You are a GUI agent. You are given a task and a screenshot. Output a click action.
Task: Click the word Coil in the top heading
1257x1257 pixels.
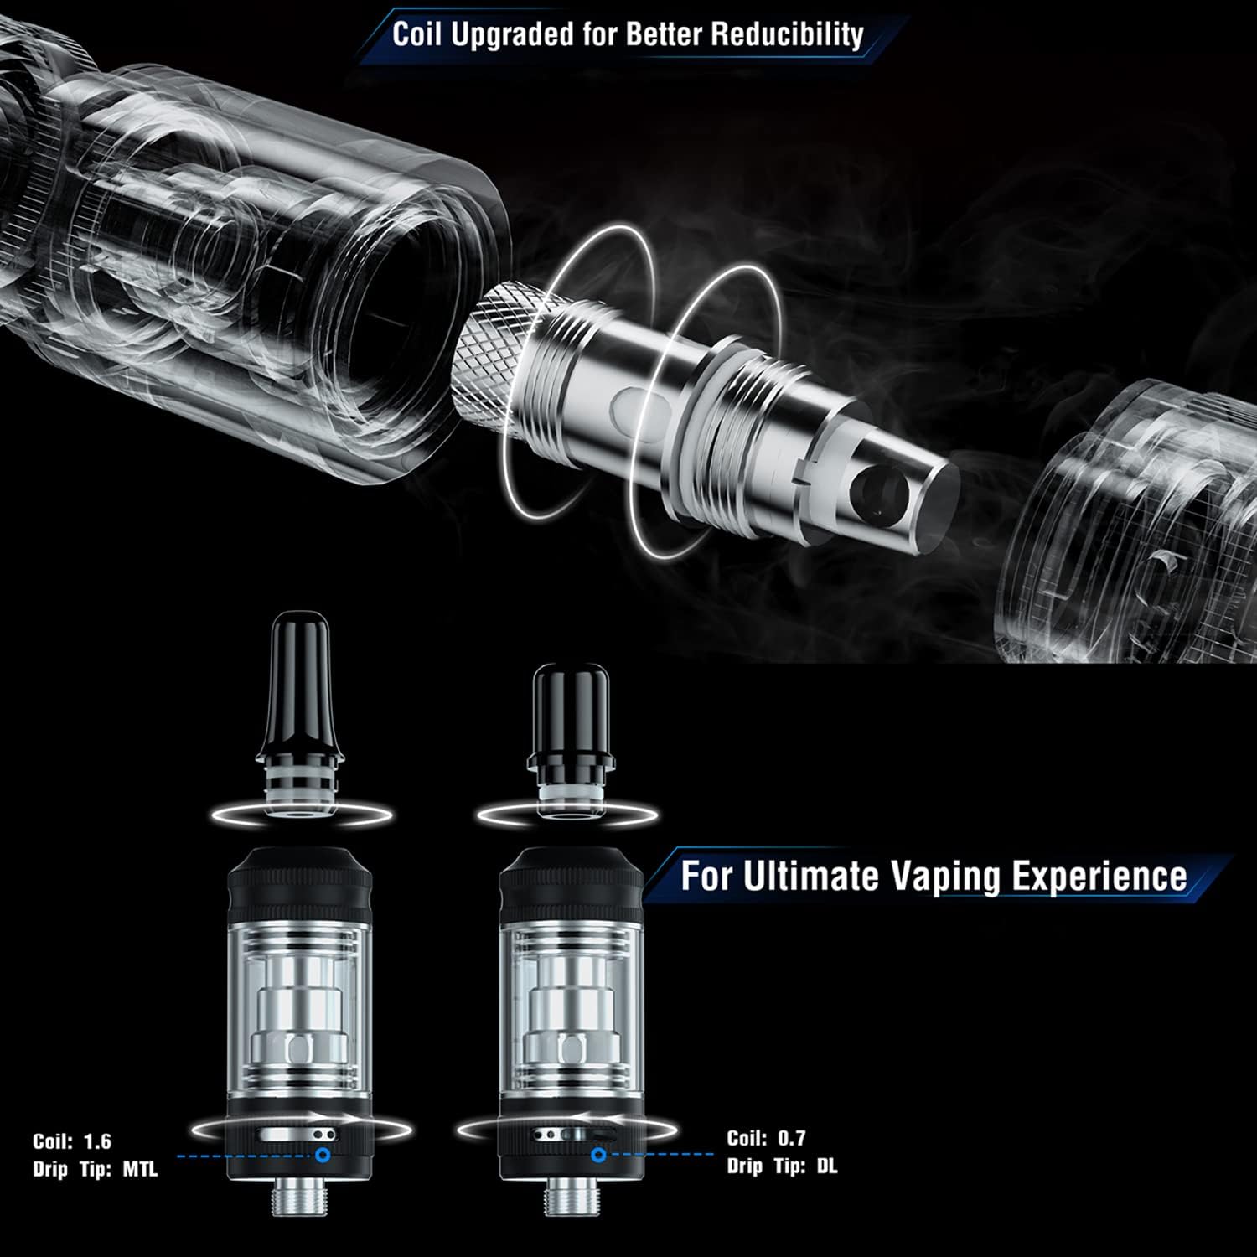417,35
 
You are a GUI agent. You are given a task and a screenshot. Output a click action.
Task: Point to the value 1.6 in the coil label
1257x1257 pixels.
97,1141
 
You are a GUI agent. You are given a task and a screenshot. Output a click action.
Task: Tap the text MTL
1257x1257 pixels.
140,1170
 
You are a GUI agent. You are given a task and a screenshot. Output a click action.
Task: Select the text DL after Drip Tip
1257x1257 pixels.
826,1166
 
